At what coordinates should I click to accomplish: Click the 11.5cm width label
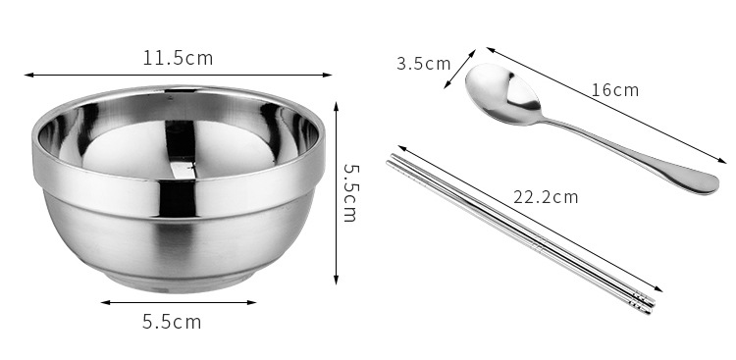point(178,58)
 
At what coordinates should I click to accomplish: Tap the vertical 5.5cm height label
point(350,192)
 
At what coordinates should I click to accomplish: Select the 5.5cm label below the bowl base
point(172,322)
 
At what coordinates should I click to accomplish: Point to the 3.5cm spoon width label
point(423,64)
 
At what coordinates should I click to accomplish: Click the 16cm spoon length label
point(615,89)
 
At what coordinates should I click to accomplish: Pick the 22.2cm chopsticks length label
point(546,196)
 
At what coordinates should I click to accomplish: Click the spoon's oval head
point(503,94)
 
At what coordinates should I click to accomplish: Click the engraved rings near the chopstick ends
point(642,301)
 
